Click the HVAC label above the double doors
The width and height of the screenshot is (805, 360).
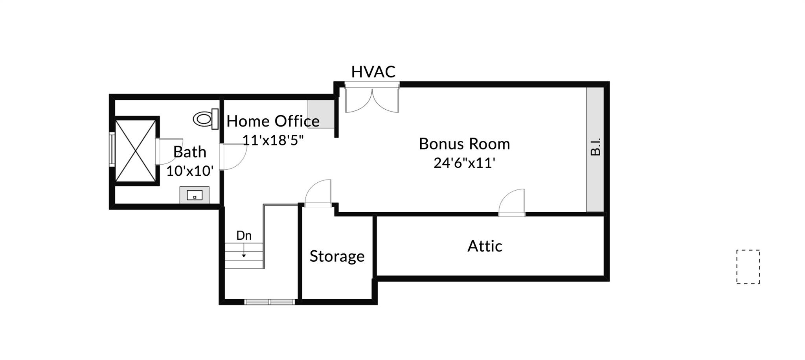373,72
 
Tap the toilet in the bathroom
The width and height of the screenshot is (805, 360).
206,119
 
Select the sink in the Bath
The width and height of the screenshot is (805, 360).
194,195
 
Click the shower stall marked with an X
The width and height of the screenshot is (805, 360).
136,151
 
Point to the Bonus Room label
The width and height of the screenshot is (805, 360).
464,144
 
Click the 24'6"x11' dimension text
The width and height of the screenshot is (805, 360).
464,163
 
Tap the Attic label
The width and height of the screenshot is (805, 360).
485,246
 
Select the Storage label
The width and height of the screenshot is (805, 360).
337,256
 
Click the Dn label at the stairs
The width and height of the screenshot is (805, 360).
244,235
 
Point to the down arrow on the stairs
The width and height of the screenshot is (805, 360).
244,250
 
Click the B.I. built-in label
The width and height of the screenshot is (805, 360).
595,147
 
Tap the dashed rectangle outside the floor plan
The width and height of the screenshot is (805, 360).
748,267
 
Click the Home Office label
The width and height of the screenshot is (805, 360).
273,121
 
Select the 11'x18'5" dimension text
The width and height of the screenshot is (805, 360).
273,140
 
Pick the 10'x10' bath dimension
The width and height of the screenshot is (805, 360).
190,171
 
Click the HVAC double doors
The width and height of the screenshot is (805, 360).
372,98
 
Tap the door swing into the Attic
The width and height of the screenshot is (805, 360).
512,202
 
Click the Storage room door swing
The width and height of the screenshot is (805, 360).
318,193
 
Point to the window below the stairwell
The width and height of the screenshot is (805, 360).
269,302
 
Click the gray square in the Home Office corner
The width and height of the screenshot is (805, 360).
321,114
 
